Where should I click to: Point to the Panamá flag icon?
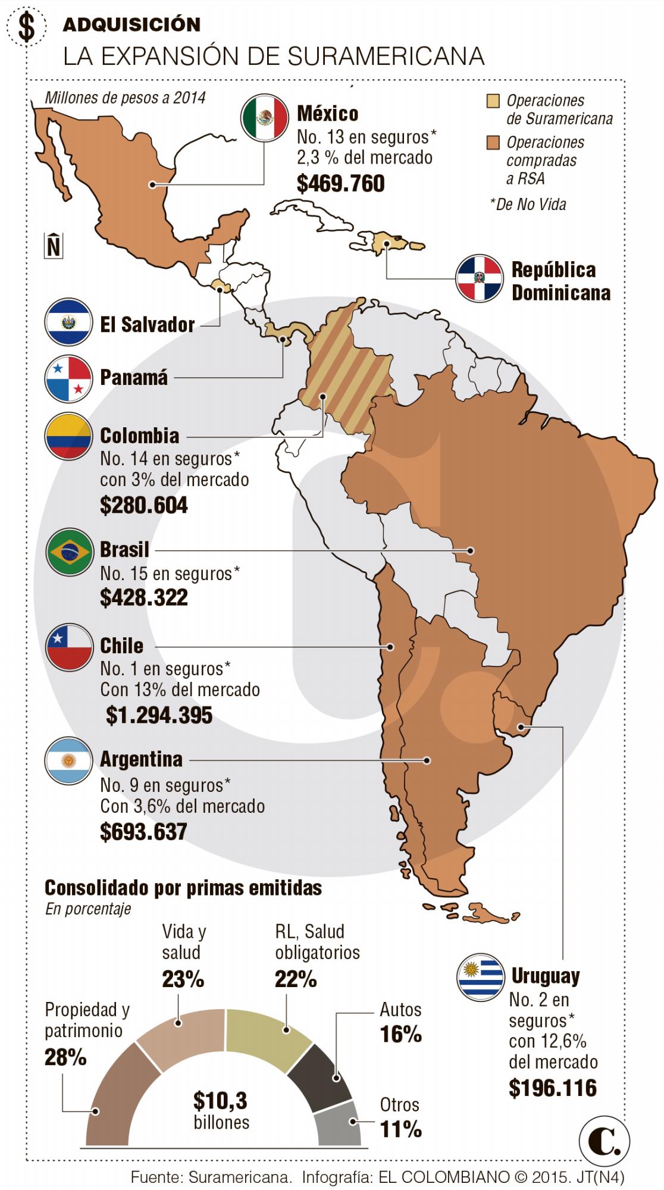(x=68, y=378)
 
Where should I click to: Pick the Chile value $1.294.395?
(x=159, y=715)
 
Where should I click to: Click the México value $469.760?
(x=340, y=183)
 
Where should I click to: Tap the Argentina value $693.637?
(x=143, y=831)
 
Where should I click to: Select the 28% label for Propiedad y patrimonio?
(x=65, y=1057)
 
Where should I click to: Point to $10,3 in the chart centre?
(x=220, y=1101)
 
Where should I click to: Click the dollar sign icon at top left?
(x=26, y=27)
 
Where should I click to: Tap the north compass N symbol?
(x=54, y=245)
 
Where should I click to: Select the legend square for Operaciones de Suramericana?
(x=492, y=101)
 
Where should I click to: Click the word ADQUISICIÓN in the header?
(x=131, y=24)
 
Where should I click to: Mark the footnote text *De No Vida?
(x=528, y=204)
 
